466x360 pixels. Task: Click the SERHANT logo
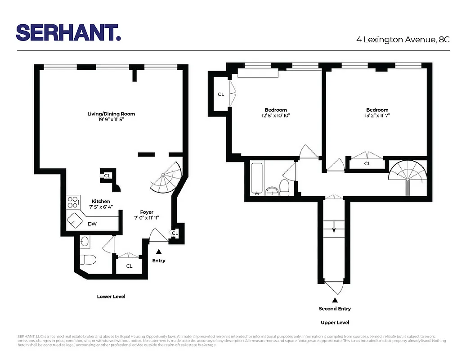pos(68,33)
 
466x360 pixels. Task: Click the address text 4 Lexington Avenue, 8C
pos(403,40)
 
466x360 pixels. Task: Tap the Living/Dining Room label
pos(111,114)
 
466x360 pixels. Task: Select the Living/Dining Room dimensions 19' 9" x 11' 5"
pos(111,120)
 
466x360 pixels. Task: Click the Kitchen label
pos(101,201)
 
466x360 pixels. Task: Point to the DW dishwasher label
pos(92,224)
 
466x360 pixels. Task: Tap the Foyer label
pos(147,212)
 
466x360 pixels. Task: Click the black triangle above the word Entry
pos(158,253)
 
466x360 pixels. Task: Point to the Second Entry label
pos(335,309)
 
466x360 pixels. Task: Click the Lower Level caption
pos(111,297)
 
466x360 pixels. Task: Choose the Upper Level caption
pos(335,322)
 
